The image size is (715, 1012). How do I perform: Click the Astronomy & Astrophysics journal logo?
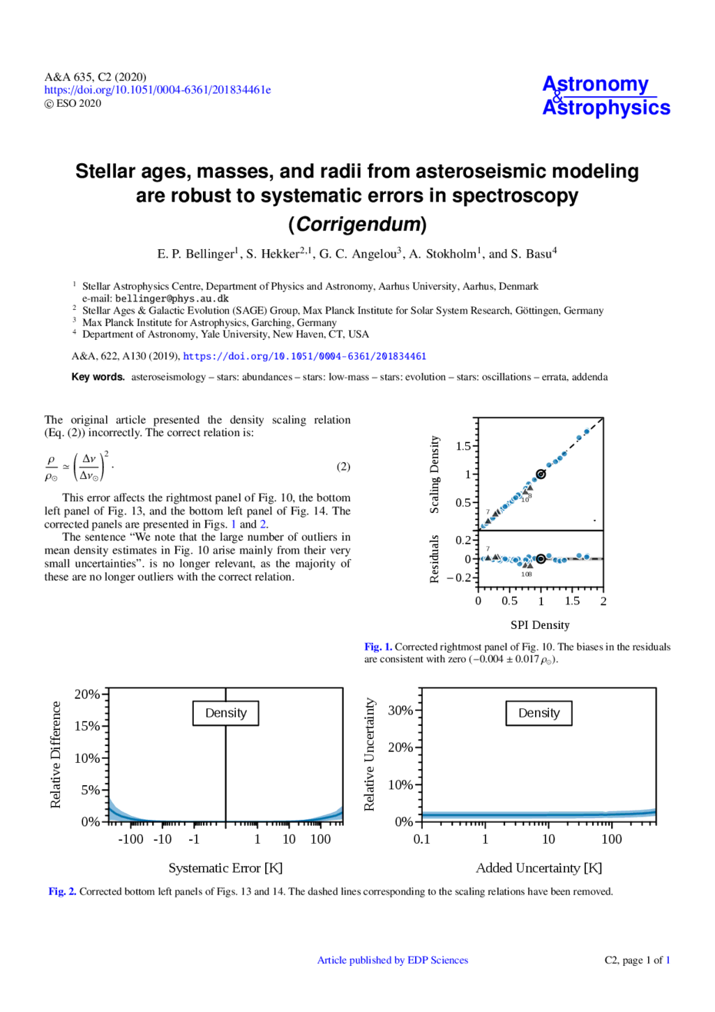[x=606, y=96]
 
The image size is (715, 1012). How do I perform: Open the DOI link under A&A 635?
[x=158, y=90]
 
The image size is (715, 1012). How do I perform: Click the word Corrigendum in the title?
[x=357, y=225]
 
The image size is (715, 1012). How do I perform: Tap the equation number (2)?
[x=343, y=467]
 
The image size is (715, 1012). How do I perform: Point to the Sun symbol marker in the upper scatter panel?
[x=540, y=474]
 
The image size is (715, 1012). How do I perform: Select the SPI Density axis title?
[x=540, y=624]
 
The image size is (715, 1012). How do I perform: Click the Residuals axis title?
[x=435, y=558]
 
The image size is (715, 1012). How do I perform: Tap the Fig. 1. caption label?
[x=378, y=647]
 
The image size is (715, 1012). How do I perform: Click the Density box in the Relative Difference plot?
[x=225, y=713]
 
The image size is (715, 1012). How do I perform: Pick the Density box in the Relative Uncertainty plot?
[x=538, y=713]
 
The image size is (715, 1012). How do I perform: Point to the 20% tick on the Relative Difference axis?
[x=87, y=694]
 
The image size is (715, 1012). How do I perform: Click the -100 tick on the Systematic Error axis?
[x=131, y=839]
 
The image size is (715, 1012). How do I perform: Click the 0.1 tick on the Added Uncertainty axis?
[x=421, y=839]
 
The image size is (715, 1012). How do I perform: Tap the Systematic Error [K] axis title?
[x=225, y=868]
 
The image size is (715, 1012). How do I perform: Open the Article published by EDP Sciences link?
[x=392, y=960]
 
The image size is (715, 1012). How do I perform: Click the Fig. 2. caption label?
[x=62, y=892]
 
